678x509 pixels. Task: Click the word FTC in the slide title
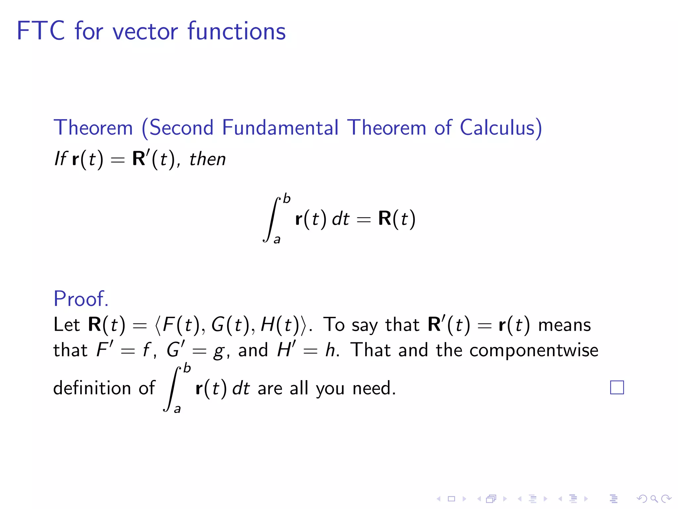[x=40, y=31]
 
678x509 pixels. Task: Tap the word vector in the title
[x=145, y=31]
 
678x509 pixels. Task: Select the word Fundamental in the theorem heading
[x=280, y=128]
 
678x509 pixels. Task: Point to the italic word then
[x=207, y=159]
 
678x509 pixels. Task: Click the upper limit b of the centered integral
[x=287, y=199]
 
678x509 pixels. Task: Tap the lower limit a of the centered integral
[x=277, y=239]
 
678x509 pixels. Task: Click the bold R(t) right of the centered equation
[x=397, y=219]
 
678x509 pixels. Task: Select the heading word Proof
[x=81, y=299]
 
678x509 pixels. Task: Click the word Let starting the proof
[x=67, y=324]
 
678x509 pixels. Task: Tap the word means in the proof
[x=564, y=324]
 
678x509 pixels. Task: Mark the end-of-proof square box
[x=617, y=387]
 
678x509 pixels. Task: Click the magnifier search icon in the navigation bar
[x=654, y=498]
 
